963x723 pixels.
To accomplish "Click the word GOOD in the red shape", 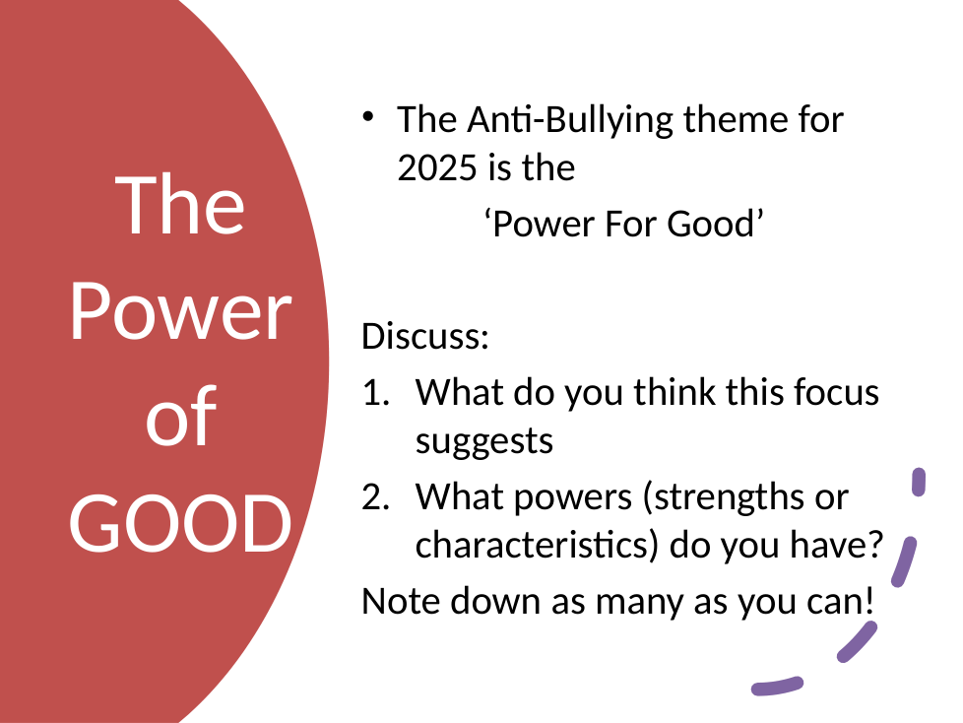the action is (180, 524).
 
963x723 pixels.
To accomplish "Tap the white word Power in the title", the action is (180, 311).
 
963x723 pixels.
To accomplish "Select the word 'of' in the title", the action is (181, 415).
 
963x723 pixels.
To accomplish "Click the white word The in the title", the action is (180, 205).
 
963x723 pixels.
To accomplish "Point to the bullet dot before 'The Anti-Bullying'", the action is (368, 116).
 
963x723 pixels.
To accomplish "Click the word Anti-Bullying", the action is (570, 119).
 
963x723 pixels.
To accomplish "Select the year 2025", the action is (437, 167).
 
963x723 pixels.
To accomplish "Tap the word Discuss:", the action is (425, 336).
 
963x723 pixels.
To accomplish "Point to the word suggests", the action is (483, 442).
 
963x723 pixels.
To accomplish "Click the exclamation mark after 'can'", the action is (868, 600).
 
